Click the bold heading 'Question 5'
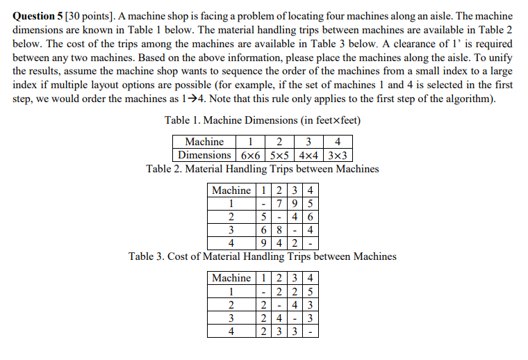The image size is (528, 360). tap(39, 15)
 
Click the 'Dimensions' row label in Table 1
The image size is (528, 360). tap(204, 155)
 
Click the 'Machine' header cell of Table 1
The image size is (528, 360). tap(204, 142)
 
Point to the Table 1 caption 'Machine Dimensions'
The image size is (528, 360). tap(263, 120)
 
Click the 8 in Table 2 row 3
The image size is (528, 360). tap(277, 229)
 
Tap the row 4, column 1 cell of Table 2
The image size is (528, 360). tap(264, 243)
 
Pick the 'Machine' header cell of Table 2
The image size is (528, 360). tap(231, 190)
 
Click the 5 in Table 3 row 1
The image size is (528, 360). tap(308, 291)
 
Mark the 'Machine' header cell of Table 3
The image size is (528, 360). tap(231, 278)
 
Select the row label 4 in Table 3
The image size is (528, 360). tap(231, 331)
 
